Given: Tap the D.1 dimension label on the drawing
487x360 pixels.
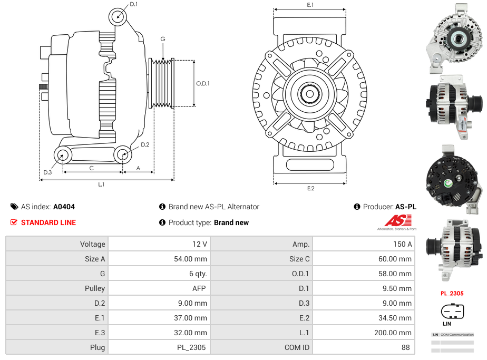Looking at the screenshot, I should tap(133, 4).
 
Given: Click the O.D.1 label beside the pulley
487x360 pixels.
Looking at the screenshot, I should tap(203, 83).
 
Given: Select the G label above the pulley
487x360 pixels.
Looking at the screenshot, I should tap(163, 39).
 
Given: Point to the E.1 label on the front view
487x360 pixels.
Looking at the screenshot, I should tap(310, 5).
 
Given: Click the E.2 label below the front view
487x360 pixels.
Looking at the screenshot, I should tap(310, 188).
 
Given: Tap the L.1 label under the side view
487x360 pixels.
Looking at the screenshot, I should tap(101, 184).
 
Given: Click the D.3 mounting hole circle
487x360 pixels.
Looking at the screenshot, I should tap(63, 155).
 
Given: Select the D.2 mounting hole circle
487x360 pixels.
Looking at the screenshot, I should tap(123, 154).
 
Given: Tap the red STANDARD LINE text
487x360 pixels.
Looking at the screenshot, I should tap(48, 222).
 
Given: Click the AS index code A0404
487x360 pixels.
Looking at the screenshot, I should tap(64, 207).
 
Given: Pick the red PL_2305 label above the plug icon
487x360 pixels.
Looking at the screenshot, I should tap(452, 293).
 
